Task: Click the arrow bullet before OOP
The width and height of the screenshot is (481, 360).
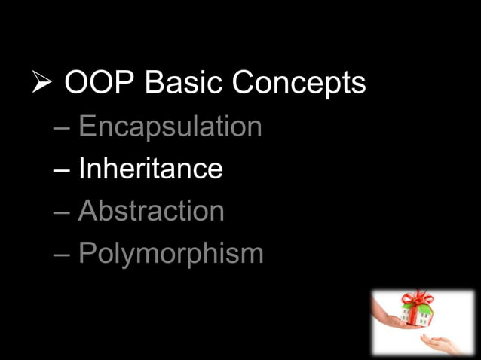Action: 43,84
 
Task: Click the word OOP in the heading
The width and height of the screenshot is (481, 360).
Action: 96,84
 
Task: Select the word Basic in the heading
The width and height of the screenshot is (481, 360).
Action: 180,84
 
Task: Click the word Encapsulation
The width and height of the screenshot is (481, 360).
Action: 170,127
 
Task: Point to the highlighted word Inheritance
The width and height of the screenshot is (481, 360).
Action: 150,169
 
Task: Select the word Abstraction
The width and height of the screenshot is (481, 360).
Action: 151,211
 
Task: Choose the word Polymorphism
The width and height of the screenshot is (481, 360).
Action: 170,255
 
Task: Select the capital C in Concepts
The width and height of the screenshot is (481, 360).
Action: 245,84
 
